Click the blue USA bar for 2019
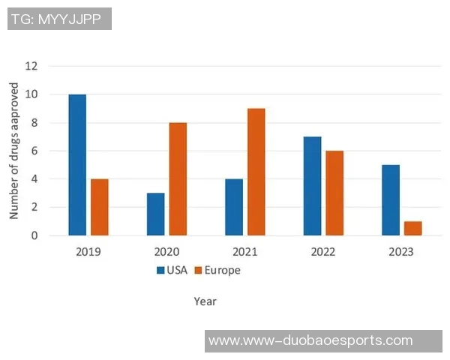pos(77,165)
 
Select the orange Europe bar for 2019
pos(100,207)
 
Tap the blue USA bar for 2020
pos(155,214)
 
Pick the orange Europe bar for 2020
pos(178,179)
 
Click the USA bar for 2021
pos(234,207)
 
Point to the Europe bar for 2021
pos(256,172)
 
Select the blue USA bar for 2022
pos(312,186)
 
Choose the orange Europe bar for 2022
pos(334,193)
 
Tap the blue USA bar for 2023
pos(391,200)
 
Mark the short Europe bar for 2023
pos(413,228)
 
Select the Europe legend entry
pos(217,270)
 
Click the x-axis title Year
pos(205,301)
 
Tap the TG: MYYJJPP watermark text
pos(59,18)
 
